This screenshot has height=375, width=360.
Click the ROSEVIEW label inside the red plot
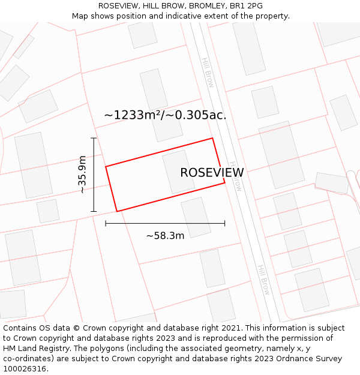tap(212, 173)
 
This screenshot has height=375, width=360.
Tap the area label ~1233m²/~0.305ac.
tap(165, 115)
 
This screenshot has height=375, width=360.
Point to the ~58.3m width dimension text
tap(165, 236)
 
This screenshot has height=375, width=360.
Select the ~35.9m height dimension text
tap(82, 175)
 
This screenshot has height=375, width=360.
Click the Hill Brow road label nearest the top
tap(208, 73)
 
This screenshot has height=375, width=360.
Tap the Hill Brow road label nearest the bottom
tap(264, 280)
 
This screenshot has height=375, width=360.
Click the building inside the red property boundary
tap(178, 172)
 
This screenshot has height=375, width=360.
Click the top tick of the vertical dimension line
tap(94, 139)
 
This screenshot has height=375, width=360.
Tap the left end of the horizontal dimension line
tap(106, 223)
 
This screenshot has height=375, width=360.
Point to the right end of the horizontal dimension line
tap(225, 223)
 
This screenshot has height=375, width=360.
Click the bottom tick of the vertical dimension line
tap(94, 211)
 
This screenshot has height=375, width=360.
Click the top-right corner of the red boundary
tap(212, 139)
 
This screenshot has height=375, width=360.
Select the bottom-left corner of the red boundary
tap(117, 211)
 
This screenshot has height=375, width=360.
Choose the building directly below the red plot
tap(196, 217)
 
